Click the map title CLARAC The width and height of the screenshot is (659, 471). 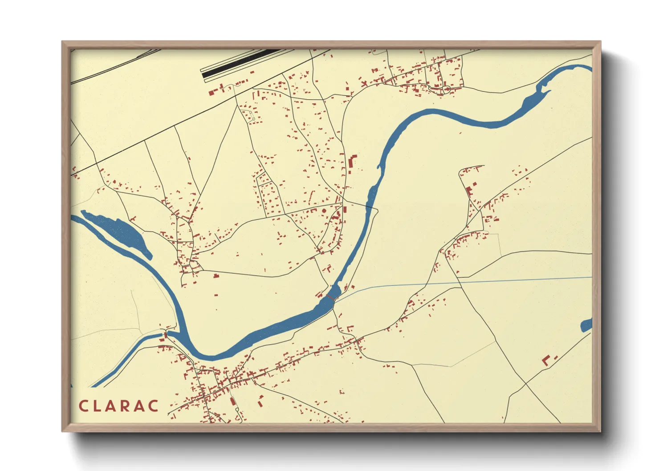click(118, 406)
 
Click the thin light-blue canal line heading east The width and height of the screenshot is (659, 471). click(468, 281)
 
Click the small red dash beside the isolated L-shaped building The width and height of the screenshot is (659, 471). click(556, 357)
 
